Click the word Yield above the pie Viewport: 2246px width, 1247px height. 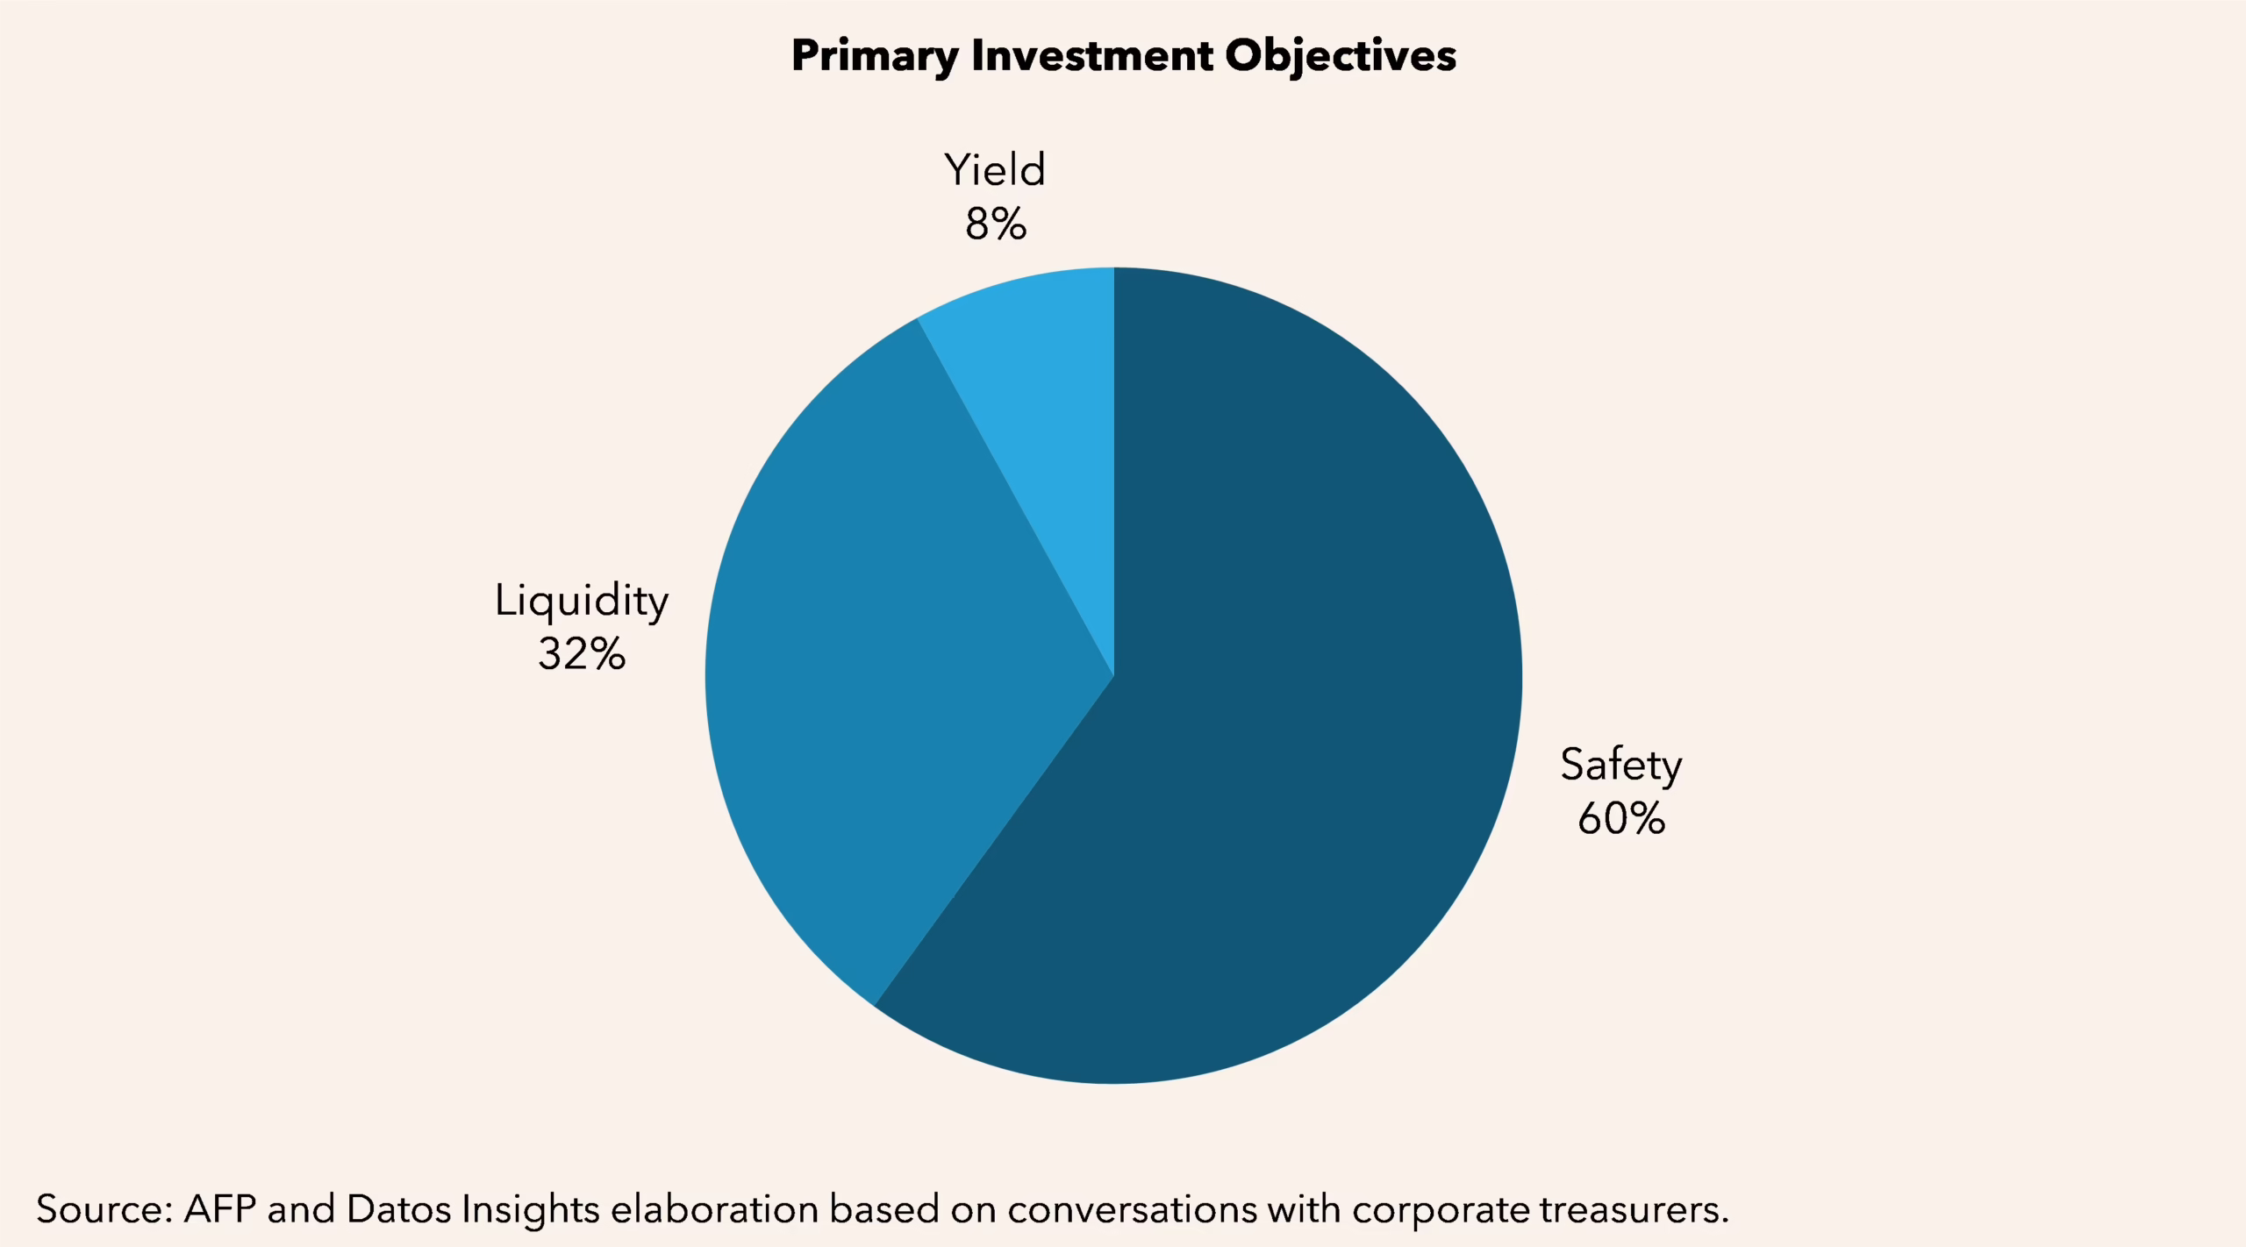[995, 170]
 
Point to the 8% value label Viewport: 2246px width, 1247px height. [995, 224]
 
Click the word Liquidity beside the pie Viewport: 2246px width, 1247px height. [581, 602]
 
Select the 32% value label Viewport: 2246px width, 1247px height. [581, 654]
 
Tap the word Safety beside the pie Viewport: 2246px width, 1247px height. [1620, 766]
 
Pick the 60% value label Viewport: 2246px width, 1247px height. [1620, 819]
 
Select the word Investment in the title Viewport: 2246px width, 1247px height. [1091, 56]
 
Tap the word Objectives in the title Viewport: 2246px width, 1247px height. [1340, 56]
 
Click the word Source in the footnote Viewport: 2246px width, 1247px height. [104, 1209]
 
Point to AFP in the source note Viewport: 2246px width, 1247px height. [219, 1209]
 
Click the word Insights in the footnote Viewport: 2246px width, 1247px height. [530, 1209]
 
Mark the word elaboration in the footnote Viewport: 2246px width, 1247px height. [714, 1209]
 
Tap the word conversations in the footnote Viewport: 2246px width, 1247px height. [1132, 1209]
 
